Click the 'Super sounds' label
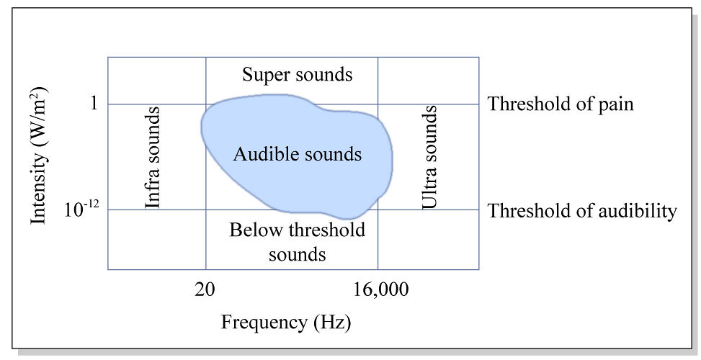[x=297, y=74]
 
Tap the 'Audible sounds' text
[x=297, y=154]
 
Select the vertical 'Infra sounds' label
[x=153, y=157]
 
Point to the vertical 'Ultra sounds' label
[x=430, y=157]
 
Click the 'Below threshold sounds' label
[x=297, y=242]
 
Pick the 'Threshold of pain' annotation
[x=561, y=104]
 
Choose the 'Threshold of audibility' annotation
[x=582, y=211]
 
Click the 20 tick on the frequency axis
[x=206, y=290]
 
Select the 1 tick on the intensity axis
[x=93, y=104]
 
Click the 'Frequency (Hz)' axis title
[x=286, y=322]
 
